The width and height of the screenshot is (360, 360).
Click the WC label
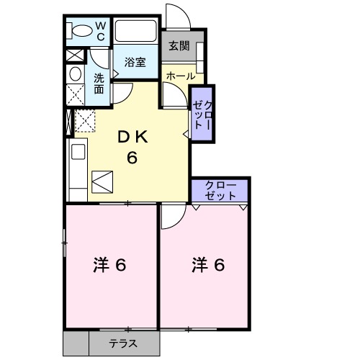click(101, 31)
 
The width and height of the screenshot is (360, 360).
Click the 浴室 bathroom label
click(135, 62)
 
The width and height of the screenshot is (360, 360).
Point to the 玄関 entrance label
click(179, 46)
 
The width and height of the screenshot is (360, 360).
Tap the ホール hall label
click(180, 75)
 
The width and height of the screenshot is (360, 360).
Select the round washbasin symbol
click(75, 75)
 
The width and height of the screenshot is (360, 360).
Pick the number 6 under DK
click(132, 158)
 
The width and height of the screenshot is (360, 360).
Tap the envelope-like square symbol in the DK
click(102, 181)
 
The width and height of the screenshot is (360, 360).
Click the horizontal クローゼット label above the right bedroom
click(220, 190)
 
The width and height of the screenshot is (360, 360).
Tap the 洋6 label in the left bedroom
click(110, 265)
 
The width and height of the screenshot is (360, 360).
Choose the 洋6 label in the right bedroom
click(208, 265)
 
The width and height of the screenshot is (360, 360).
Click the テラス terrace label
click(123, 344)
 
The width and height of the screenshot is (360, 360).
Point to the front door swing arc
click(175, 17)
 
